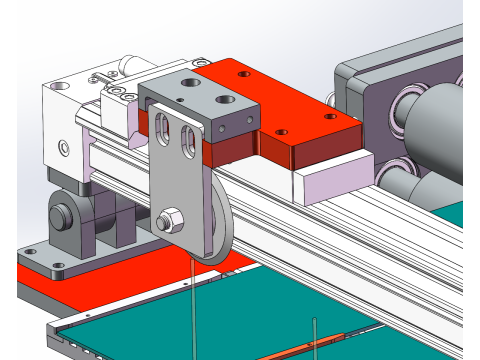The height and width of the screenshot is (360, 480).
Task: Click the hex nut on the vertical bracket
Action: (x=170, y=217)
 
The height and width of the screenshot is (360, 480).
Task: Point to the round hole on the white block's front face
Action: (x=64, y=148)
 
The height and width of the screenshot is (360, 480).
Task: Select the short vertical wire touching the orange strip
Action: (x=317, y=334)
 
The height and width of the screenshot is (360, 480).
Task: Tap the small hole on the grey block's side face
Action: (x=244, y=125)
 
